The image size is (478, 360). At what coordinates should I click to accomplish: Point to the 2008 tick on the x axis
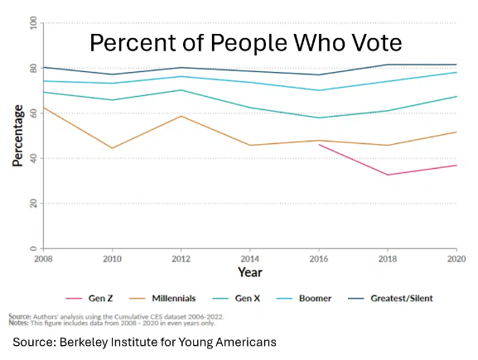coord(44,257)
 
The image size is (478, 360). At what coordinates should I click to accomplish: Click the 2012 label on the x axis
coord(181,257)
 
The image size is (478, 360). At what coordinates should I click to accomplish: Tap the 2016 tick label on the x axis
coord(319,257)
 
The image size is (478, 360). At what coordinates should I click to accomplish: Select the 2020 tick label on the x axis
coord(456,257)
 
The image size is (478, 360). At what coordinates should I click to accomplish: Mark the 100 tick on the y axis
coord(33,23)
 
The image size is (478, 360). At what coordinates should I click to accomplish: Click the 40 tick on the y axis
coord(33,158)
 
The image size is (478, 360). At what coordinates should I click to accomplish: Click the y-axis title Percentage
coord(17,137)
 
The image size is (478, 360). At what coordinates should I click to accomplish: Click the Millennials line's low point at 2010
coord(113,148)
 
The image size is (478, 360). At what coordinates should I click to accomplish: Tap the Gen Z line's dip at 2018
coord(388,175)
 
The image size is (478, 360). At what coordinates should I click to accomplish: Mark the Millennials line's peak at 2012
coord(181,116)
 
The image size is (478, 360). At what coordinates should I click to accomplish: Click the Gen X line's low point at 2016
coord(319,118)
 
